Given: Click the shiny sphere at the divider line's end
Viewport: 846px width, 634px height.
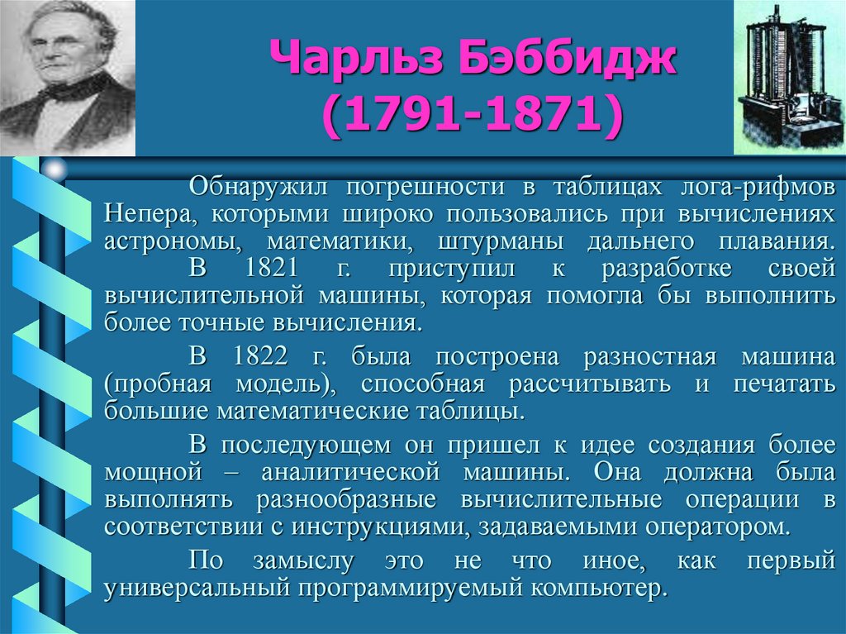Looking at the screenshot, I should tap(55, 170).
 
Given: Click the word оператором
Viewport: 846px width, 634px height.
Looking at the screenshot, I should tap(716, 526).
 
